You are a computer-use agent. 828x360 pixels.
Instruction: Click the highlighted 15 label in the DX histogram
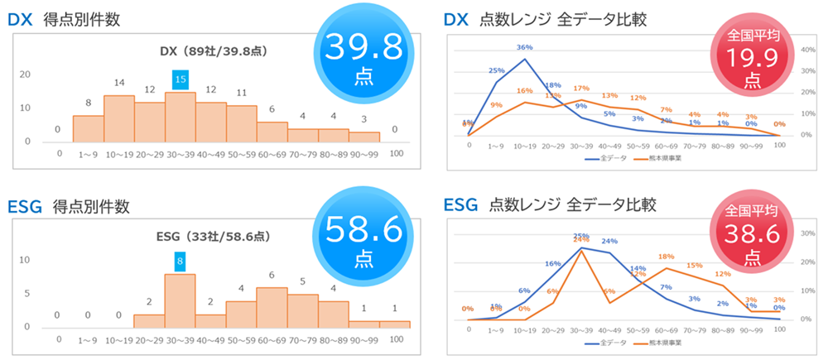point(181,79)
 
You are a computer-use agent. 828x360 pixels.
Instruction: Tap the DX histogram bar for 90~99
point(364,137)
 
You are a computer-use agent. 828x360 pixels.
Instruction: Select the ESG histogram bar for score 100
point(395,324)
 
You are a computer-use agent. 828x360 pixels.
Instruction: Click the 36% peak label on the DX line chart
point(524,47)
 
